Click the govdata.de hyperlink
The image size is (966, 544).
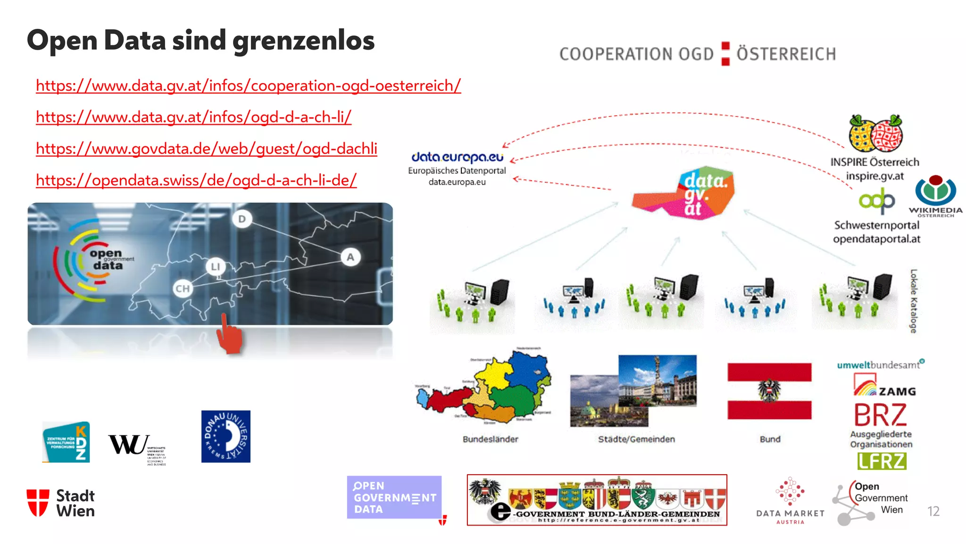point(206,149)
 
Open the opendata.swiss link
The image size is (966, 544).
point(196,180)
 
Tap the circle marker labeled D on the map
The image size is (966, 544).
point(242,219)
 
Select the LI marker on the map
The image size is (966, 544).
point(216,267)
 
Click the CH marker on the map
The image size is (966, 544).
point(183,289)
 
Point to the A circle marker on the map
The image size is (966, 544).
point(350,257)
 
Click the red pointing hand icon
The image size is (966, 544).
point(229,335)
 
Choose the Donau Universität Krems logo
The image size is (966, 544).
point(225,436)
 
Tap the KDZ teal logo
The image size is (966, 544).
point(66,442)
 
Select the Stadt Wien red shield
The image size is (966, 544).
point(38,503)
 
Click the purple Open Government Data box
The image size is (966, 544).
point(394,497)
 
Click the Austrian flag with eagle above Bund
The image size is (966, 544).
point(769,391)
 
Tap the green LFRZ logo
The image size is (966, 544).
point(882,461)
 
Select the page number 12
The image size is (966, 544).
point(933,511)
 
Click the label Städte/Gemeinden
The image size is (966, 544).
point(636,439)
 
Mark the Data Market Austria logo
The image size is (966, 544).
point(790,501)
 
